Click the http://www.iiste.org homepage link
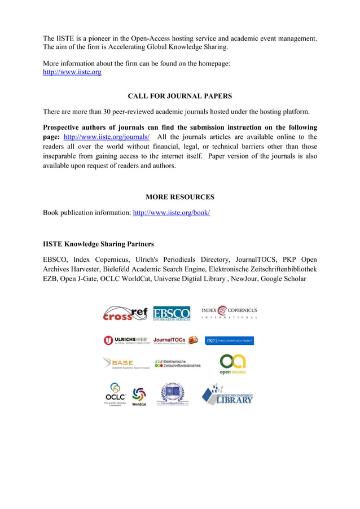coord(72,72)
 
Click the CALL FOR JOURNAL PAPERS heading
coord(179,96)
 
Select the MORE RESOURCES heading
coord(179,197)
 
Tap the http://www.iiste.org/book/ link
coord(171,213)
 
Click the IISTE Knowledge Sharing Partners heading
coord(98,244)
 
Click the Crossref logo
coord(125,314)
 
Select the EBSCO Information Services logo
coord(172,314)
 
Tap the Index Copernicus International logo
coord(229,312)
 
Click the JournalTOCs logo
coord(175,340)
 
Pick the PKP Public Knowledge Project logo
coord(229,341)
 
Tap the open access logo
coord(232,364)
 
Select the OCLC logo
coord(115,394)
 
